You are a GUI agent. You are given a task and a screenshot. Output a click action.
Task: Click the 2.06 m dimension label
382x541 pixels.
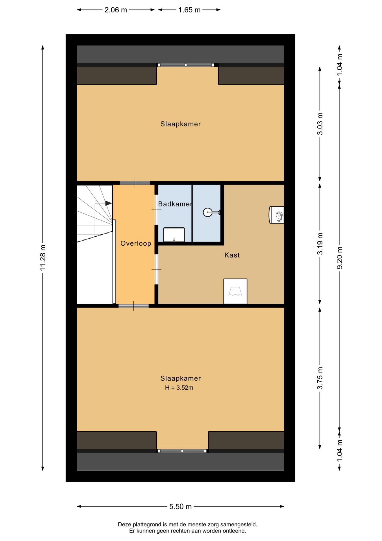tap(116, 10)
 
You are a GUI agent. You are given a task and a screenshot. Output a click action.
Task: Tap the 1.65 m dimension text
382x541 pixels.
tap(189, 10)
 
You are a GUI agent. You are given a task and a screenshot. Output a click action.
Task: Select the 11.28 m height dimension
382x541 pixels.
tap(43, 258)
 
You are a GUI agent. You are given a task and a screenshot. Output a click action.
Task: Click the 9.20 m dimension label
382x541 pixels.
tap(340, 258)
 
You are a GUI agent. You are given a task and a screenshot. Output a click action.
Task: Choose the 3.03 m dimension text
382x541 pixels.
tap(320, 124)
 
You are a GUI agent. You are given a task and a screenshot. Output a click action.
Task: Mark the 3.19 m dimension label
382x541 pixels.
tap(320, 244)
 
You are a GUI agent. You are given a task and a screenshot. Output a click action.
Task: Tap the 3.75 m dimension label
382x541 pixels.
tap(320, 378)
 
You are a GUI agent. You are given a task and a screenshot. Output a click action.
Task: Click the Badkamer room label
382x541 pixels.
tap(175, 204)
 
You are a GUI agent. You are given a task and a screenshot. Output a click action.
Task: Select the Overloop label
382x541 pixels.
tap(136, 243)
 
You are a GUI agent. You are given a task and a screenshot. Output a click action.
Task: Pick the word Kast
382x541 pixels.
tap(232, 255)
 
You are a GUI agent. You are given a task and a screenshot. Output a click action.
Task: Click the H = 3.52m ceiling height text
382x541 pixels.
tap(179, 388)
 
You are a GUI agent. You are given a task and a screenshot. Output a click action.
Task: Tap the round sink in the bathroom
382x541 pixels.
tap(208, 212)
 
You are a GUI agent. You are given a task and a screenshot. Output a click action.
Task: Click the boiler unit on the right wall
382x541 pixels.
tap(277, 215)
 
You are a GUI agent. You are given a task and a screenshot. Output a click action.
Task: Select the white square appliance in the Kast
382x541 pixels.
tap(235, 291)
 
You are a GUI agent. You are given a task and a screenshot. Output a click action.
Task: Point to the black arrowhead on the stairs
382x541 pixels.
tap(108, 203)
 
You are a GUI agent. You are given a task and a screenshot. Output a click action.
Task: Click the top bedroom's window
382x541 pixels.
tap(185, 65)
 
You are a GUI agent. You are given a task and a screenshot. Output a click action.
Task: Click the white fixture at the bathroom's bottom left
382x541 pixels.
tap(174, 235)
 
